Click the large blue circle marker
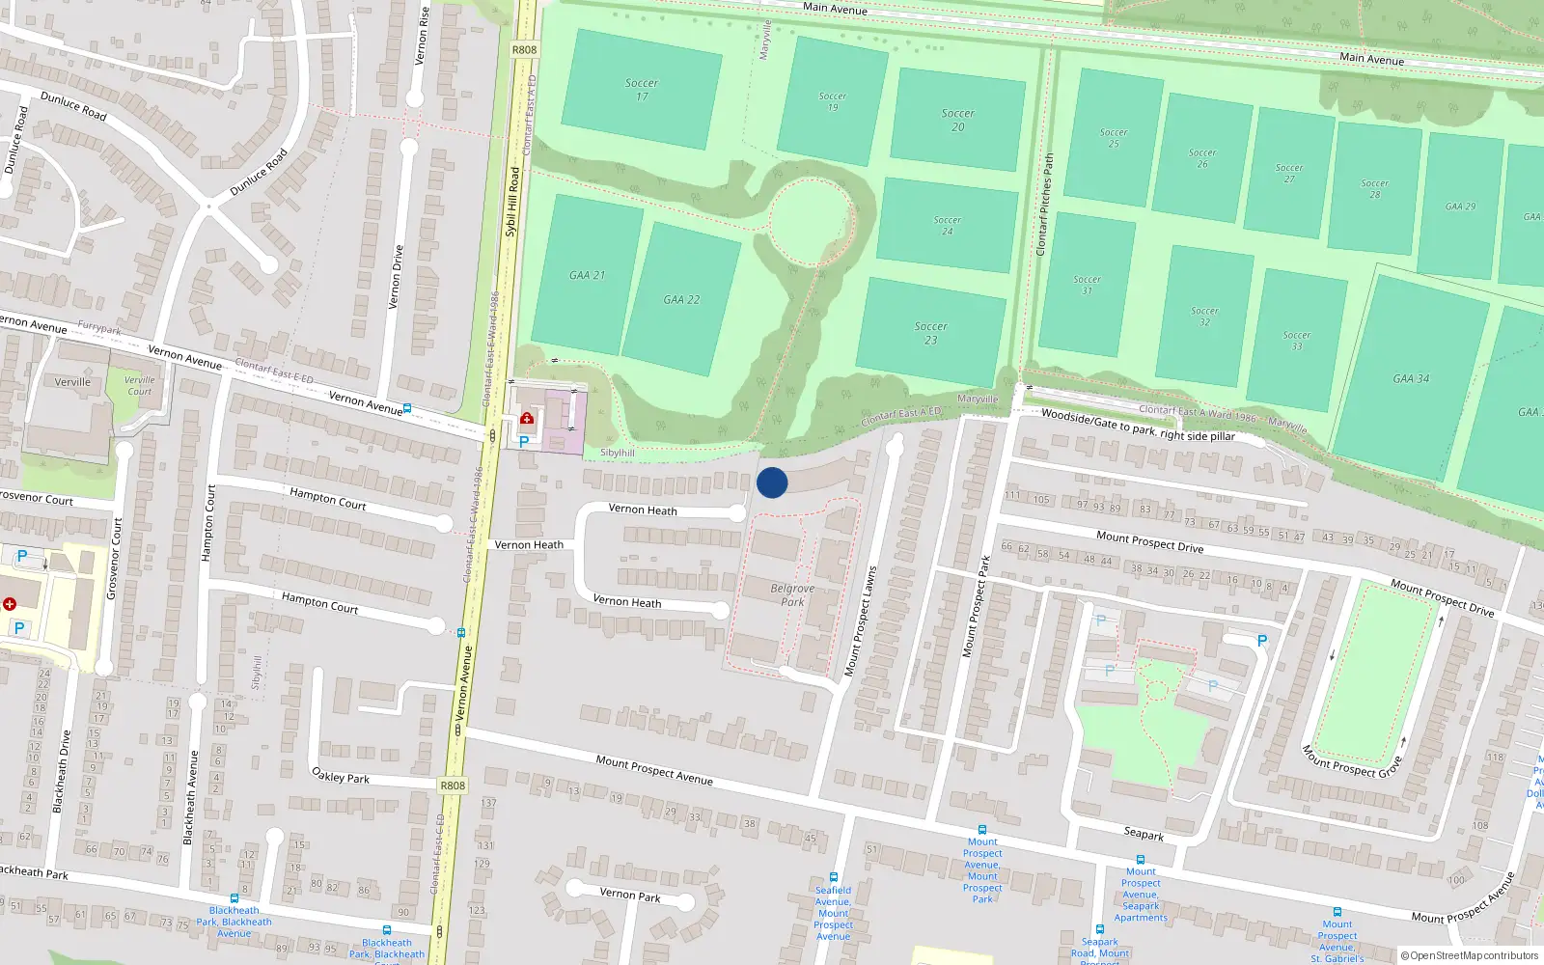click(772, 482)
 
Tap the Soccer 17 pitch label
click(642, 90)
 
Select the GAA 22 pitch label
click(681, 300)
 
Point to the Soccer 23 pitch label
click(930, 333)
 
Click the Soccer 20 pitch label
click(957, 120)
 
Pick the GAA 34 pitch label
click(1411, 379)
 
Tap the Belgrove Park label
click(792, 594)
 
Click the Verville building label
click(72, 382)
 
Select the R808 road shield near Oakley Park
click(453, 786)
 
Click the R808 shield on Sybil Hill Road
click(524, 50)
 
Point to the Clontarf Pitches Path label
click(1044, 205)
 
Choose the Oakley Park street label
click(341, 775)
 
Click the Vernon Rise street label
click(422, 36)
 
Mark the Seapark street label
click(1144, 833)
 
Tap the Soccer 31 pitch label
click(1087, 285)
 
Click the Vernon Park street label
click(630, 895)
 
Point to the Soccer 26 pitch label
click(1202, 158)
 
